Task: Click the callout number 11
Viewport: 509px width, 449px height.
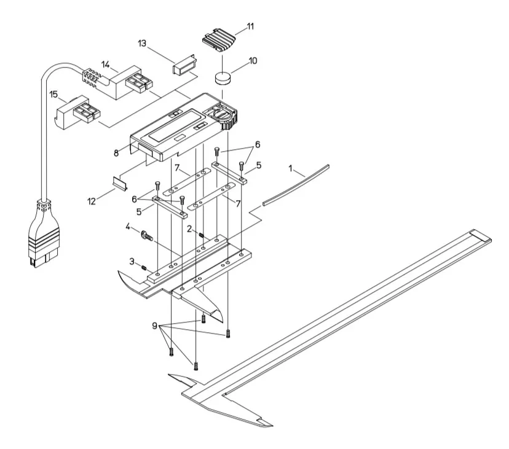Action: [x=250, y=26]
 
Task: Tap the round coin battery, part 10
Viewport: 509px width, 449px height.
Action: [x=223, y=78]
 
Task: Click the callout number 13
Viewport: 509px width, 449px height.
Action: [x=142, y=43]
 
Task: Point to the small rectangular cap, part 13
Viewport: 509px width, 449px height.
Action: [x=184, y=65]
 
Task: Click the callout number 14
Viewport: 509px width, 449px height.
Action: [x=106, y=64]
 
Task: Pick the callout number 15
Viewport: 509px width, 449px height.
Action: [x=53, y=95]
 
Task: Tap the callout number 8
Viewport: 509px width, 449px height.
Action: [x=116, y=153]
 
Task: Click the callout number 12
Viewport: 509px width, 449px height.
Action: [x=92, y=201]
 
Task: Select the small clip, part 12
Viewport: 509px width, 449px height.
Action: [x=120, y=183]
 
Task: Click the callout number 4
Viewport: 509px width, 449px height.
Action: [x=128, y=227]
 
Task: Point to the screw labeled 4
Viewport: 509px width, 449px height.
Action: [x=146, y=235]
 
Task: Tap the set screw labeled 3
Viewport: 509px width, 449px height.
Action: [x=143, y=267]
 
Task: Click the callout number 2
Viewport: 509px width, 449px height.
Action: [x=189, y=229]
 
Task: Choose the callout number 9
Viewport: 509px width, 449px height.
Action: [x=154, y=326]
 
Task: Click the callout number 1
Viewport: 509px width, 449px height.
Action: [x=291, y=168]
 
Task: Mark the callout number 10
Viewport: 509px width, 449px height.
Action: [x=253, y=61]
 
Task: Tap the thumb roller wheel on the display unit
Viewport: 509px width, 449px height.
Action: [x=230, y=122]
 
